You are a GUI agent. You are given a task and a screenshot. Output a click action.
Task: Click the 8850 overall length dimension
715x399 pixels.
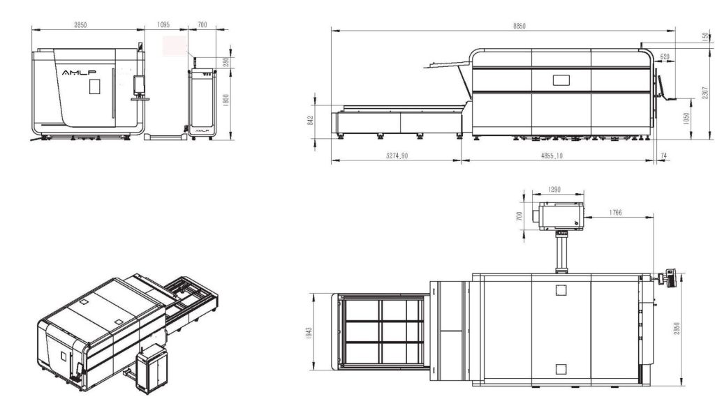coord(519,26)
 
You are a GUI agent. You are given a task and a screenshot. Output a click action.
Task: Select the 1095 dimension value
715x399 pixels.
coord(164,25)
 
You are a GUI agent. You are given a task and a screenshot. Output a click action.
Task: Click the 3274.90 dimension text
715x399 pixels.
coord(397,156)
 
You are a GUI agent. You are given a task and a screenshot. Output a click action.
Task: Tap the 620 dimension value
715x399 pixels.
coord(665,57)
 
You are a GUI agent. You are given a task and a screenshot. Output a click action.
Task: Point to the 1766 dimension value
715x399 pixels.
coord(615,211)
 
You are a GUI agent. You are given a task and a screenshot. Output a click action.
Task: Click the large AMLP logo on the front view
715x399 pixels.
coord(79,72)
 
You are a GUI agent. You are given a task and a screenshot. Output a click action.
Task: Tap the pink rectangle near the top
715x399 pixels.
coord(176,47)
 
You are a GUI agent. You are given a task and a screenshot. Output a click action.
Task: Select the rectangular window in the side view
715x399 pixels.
coord(561,80)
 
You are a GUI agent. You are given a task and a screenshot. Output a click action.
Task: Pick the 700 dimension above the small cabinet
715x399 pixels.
coord(203,25)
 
